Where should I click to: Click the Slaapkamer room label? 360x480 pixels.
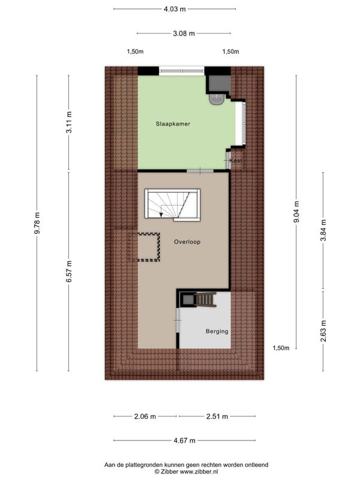173,124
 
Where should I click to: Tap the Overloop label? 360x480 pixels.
187,242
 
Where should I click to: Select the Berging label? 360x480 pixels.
217,331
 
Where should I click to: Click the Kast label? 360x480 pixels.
236,160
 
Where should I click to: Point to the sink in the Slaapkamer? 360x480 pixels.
217,99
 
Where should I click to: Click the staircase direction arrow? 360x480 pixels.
161,214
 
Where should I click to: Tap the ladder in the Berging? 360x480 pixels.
205,299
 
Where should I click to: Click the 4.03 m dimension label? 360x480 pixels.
175,9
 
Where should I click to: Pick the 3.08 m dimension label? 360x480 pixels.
184,34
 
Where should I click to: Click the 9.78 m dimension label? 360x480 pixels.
37,223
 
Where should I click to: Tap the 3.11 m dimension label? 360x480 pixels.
69,122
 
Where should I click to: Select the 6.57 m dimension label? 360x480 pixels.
69,272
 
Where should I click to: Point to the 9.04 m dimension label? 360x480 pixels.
296,212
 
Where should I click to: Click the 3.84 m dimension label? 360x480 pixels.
323,230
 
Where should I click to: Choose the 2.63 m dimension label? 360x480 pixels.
323,331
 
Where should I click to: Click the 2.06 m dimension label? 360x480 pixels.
145,416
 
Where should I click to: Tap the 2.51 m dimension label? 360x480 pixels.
217,416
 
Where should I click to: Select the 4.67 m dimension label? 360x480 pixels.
184,441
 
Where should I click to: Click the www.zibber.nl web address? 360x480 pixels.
199,472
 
